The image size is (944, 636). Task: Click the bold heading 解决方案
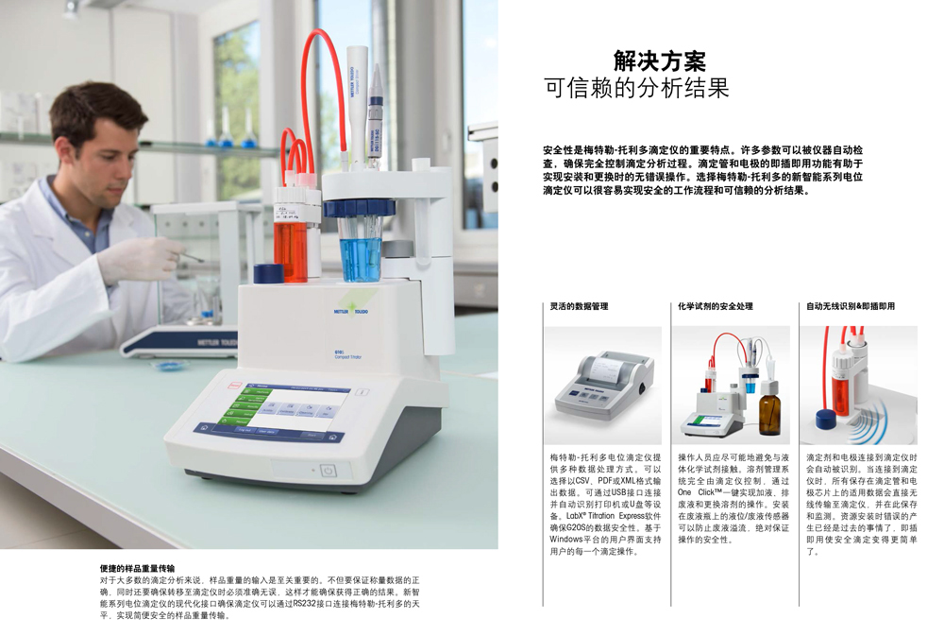point(660,60)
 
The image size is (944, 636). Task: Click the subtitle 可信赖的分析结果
point(637,88)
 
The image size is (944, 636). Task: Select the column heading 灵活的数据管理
point(579,306)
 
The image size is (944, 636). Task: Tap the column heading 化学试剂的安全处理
point(716,306)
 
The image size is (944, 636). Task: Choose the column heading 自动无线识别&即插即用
point(851,306)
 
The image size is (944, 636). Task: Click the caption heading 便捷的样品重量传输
point(137,569)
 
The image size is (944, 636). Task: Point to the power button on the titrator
point(328,471)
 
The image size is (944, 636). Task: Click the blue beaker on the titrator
point(361,250)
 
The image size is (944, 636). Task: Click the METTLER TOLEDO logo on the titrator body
point(350,312)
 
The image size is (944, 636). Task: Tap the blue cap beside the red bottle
point(268,273)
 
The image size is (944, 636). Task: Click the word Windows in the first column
point(565,539)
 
